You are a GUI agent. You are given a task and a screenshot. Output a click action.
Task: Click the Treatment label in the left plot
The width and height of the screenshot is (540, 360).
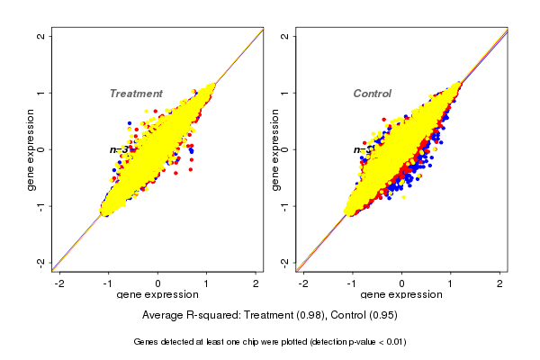tap(136, 94)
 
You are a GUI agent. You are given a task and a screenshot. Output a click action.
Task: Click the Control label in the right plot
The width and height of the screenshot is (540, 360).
tap(373, 94)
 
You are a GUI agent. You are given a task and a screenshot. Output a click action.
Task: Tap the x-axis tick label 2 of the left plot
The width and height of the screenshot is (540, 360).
tap(256, 283)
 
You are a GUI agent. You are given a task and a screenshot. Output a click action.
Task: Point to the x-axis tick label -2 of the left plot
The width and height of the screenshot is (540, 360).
tap(59, 283)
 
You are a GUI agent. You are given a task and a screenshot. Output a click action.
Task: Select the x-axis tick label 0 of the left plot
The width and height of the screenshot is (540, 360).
tap(158, 283)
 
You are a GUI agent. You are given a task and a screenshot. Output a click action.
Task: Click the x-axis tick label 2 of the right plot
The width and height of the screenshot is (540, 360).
tap(500, 283)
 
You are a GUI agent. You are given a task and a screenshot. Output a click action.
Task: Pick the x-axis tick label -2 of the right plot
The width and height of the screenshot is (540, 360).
tap(303, 283)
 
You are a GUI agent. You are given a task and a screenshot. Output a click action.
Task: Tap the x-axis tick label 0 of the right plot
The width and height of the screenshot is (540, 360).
tap(402, 283)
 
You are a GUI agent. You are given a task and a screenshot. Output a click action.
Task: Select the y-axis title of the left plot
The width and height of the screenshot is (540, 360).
tap(31, 149)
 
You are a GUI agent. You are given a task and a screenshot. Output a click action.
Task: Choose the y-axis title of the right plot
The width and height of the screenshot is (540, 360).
tap(275, 149)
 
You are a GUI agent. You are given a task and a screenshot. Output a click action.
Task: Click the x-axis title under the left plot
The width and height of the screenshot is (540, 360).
tap(158, 295)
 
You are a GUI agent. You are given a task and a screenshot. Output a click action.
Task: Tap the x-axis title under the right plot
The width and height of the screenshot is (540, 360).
tap(402, 295)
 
